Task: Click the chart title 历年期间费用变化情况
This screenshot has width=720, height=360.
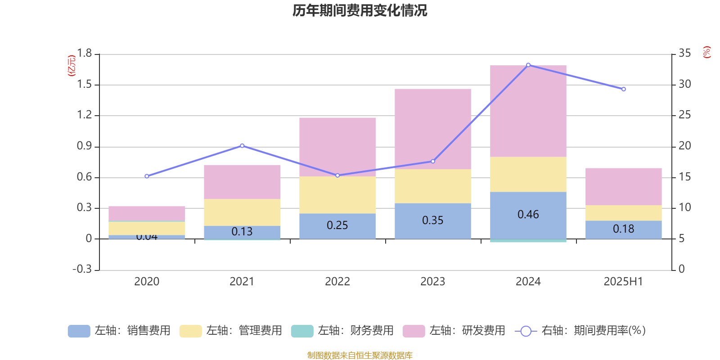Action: click(360, 10)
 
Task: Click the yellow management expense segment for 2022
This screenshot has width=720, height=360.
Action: click(337, 195)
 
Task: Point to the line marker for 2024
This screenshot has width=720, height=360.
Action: click(528, 65)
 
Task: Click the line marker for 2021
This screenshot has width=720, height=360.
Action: click(242, 146)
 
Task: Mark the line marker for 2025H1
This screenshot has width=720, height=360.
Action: click(624, 89)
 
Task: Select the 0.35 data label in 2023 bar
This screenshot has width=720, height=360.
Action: click(432, 220)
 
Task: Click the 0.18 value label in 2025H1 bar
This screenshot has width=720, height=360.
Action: click(623, 229)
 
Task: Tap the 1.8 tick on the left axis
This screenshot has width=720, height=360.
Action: click(84, 54)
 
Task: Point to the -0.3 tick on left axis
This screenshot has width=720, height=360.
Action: click(82, 269)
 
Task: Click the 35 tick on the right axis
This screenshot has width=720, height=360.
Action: click(684, 54)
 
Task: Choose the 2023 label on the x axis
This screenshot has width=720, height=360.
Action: click(432, 282)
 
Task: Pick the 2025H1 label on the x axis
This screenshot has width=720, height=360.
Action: click(623, 282)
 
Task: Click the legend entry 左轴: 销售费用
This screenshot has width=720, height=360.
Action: click(119, 331)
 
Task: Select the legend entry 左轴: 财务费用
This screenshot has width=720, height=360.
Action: click(342, 331)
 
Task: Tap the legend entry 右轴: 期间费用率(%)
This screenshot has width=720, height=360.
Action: click(580, 331)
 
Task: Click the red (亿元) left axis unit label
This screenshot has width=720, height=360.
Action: click(71, 66)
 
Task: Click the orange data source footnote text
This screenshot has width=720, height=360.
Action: click(360, 355)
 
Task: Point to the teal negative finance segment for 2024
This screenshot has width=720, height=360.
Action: click(528, 241)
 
